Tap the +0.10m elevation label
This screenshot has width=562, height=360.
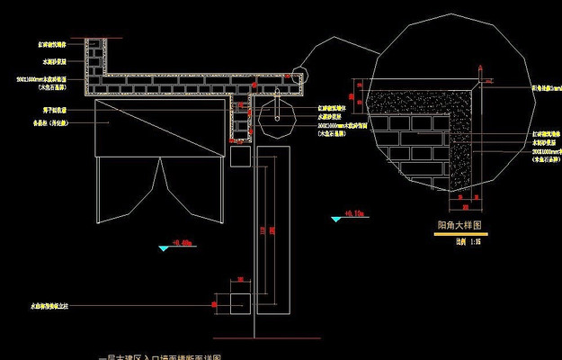(x=352, y=214)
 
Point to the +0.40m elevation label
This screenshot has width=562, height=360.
(x=182, y=242)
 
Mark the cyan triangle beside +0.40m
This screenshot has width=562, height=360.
(x=164, y=247)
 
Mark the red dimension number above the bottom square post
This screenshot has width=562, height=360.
(x=240, y=279)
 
